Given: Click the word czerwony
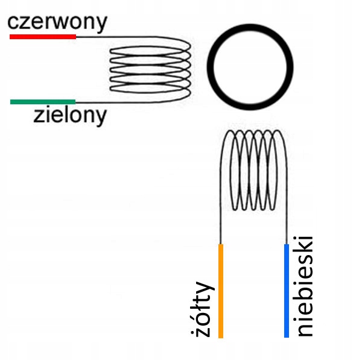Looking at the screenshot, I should pos(57,22).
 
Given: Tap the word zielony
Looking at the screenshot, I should pos(71,115).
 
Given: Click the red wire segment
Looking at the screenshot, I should pos(43,37).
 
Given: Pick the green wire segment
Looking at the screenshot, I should pos(43,101).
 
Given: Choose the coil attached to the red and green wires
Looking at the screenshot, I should pos(151,69).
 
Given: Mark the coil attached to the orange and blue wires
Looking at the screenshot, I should pos(252,175).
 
